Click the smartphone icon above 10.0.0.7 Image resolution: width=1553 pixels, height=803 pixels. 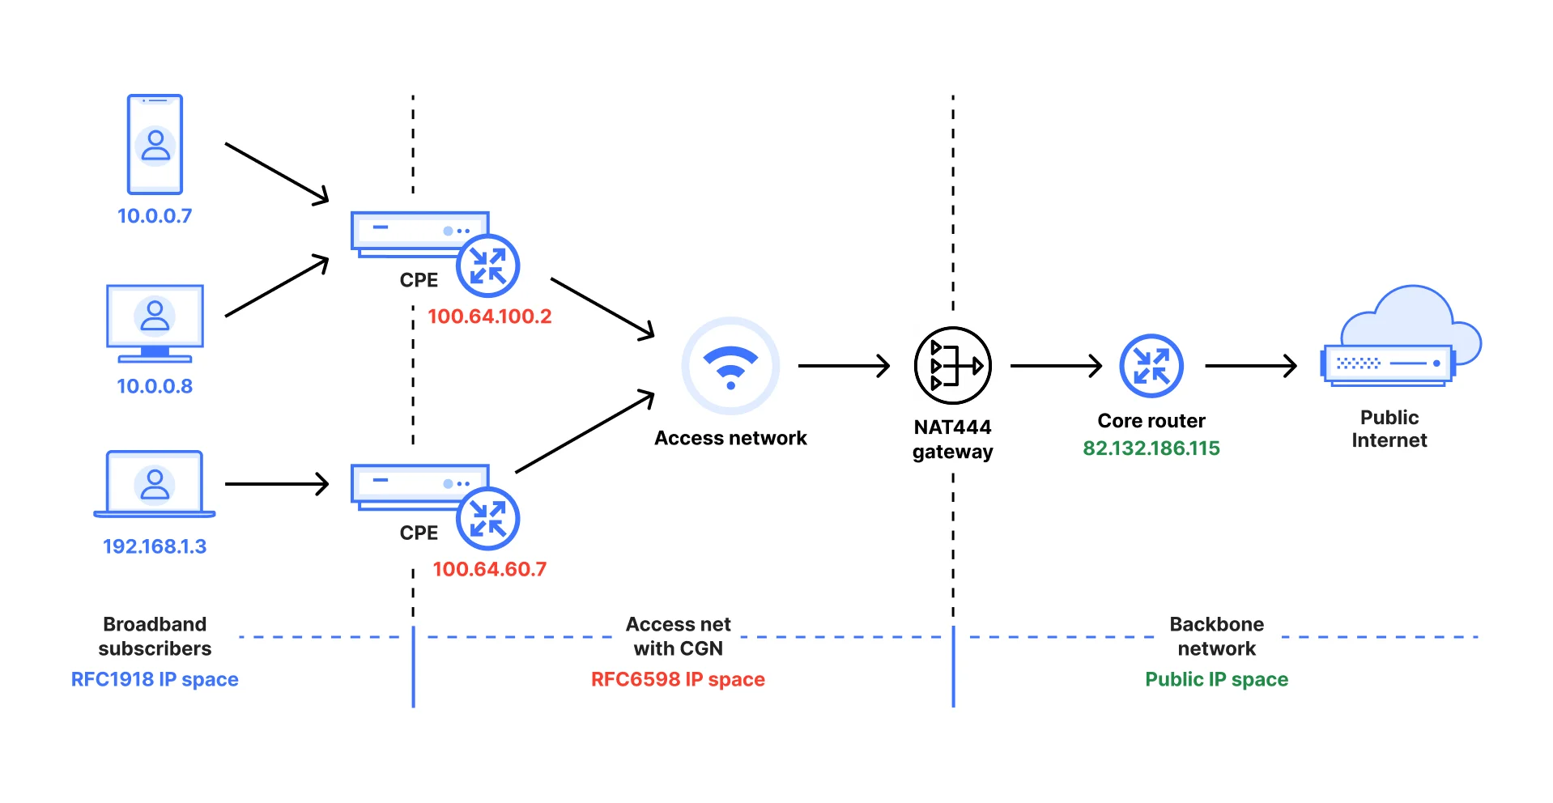pyautogui.click(x=155, y=144)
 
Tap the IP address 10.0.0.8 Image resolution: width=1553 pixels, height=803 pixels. pyautogui.click(x=155, y=386)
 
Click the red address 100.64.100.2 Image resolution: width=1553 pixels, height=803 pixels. pyautogui.click(x=489, y=317)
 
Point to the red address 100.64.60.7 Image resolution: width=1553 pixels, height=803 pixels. pyautogui.click(x=489, y=569)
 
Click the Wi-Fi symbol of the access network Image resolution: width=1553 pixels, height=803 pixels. pyautogui.click(x=730, y=366)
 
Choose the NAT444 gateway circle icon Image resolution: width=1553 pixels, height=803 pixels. pyautogui.click(x=952, y=366)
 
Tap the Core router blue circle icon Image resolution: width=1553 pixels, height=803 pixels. pyautogui.click(x=1151, y=366)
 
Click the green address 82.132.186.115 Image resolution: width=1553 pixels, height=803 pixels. pyautogui.click(x=1151, y=448)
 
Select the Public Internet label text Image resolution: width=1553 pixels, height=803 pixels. pyautogui.click(x=1389, y=429)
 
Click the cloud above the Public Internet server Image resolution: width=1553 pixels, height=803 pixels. pyautogui.click(x=1413, y=316)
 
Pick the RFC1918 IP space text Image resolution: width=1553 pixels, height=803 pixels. pyautogui.click(x=155, y=679)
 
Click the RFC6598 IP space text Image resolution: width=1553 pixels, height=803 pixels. pyautogui.click(x=678, y=679)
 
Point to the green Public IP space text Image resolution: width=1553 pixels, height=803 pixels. pyautogui.click(x=1216, y=679)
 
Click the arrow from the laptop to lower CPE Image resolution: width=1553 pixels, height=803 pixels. pyautogui.click(x=276, y=484)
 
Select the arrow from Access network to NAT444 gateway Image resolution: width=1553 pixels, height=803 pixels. pyautogui.click(x=843, y=366)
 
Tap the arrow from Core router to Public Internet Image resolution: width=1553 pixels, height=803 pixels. pyautogui.click(x=1250, y=366)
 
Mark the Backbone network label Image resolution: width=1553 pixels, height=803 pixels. pyautogui.click(x=1216, y=636)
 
